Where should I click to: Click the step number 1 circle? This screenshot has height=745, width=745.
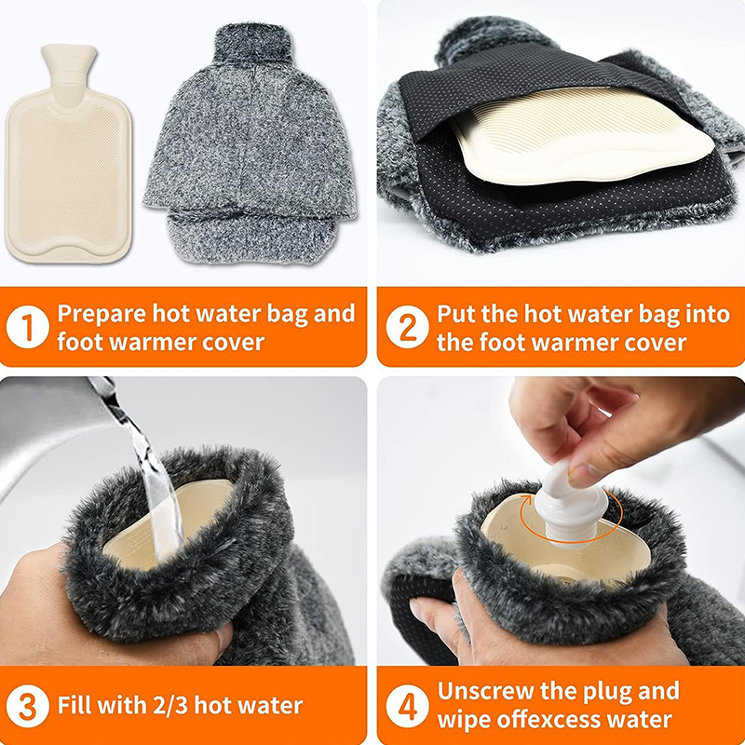(28, 327)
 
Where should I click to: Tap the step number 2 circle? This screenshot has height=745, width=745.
(407, 327)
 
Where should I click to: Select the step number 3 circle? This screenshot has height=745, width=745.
(28, 706)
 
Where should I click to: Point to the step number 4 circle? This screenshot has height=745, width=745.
(407, 706)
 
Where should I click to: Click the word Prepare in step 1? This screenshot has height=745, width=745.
(102, 315)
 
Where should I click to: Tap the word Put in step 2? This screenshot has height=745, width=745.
(456, 315)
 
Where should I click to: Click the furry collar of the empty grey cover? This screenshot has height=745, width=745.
(252, 44)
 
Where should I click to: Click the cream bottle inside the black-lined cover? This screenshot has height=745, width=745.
(583, 135)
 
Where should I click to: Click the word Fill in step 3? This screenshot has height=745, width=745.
(74, 706)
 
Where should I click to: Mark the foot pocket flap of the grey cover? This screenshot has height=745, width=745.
(251, 236)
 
